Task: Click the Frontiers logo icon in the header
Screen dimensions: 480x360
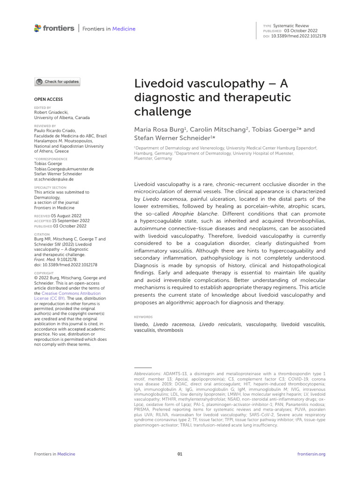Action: point(38,29)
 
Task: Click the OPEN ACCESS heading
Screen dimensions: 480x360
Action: point(48,99)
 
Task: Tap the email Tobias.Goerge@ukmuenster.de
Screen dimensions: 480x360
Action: point(64,169)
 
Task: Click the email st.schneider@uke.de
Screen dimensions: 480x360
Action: point(54,179)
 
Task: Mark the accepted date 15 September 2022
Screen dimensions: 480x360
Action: point(72,221)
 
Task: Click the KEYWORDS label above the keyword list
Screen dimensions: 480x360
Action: point(143,317)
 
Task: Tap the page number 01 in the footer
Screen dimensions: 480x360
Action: point(180,454)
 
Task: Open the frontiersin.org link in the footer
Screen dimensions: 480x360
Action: point(311,454)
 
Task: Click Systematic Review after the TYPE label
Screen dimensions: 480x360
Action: point(291,26)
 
